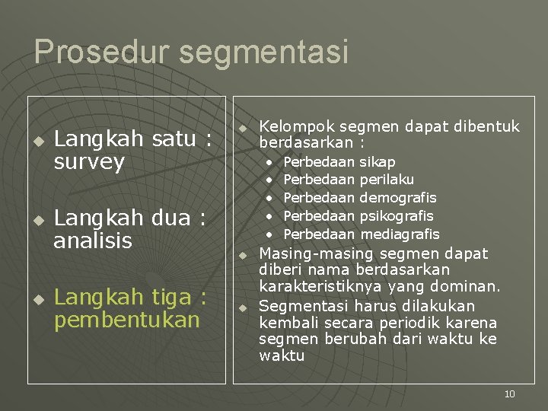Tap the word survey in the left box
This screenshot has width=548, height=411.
pyautogui.click(x=89, y=162)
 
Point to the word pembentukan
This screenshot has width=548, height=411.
pyautogui.click(x=126, y=320)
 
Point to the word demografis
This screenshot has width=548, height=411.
pyautogui.click(x=399, y=198)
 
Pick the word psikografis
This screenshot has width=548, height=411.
pyautogui.click(x=397, y=216)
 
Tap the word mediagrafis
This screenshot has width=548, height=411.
pyautogui.click(x=400, y=234)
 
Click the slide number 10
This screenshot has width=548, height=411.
pyautogui.click(x=509, y=393)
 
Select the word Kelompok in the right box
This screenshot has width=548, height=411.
pyautogui.click(x=296, y=126)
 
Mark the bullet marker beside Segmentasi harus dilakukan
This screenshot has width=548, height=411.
pyautogui.click(x=241, y=307)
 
